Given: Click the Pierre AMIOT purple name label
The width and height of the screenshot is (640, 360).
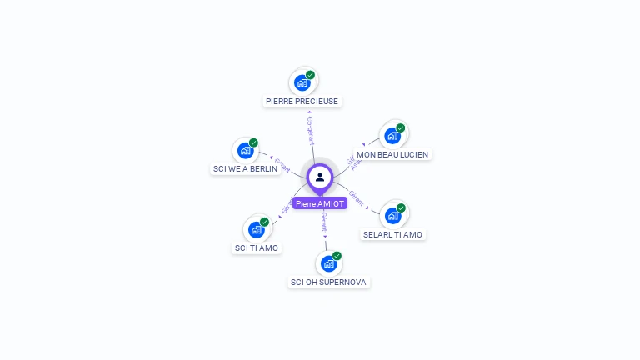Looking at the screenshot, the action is (x=320, y=203).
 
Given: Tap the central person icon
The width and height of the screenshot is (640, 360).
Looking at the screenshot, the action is (x=320, y=177).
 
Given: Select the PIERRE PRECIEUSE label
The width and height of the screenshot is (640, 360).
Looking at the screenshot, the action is (x=302, y=101).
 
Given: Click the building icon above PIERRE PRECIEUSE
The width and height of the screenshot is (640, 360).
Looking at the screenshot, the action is (x=302, y=82).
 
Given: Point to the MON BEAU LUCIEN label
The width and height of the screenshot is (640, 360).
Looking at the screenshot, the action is (x=392, y=154).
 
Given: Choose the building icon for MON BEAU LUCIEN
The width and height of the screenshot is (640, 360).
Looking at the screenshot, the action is (x=392, y=136).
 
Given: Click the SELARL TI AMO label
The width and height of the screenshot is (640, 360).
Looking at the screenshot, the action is (x=392, y=234).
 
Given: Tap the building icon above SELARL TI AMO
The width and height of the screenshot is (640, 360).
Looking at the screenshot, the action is (x=392, y=215).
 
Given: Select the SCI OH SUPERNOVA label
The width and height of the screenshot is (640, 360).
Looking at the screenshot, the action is (x=328, y=282).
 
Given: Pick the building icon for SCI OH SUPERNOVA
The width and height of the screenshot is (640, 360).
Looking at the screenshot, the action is (x=328, y=263).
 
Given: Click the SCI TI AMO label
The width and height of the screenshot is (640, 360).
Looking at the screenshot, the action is (x=257, y=247).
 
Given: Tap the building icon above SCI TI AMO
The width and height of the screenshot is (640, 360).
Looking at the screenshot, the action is (x=256, y=229).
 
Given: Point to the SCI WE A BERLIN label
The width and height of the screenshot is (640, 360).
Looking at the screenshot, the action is (x=245, y=168).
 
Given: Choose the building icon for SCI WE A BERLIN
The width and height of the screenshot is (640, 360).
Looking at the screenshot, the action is (x=245, y=150).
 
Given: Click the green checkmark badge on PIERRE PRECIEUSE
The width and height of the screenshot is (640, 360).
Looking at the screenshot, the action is (x=310, y=75).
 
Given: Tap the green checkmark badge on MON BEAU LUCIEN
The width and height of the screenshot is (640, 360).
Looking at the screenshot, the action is (x=401, y=128).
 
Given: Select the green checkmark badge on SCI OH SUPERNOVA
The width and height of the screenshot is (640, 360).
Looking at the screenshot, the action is (x=337, y=256).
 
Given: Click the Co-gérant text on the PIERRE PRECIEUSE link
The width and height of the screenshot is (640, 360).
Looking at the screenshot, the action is (x=310, y=131).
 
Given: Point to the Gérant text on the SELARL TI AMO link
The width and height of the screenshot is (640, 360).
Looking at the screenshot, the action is (x=357, y=197).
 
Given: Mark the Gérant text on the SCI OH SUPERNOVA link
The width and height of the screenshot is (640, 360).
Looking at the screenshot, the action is (x=324, y=222).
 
